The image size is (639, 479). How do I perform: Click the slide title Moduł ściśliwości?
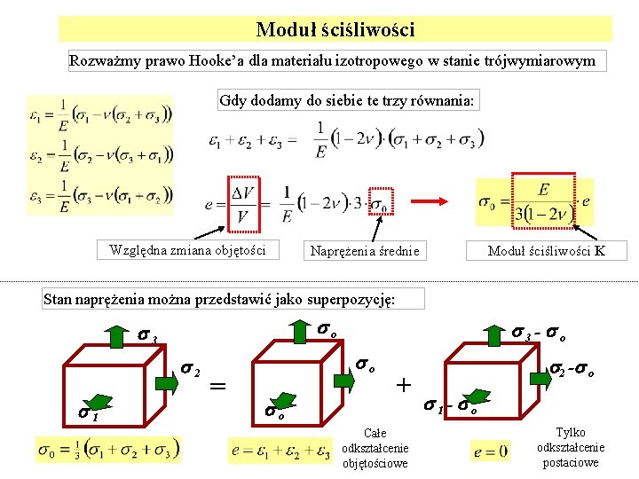[x=335, y=30]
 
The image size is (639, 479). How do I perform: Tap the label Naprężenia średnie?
[x=365, y=251]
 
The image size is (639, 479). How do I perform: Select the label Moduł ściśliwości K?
[x=547, y=251]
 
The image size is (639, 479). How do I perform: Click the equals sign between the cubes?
[x=216, y=386]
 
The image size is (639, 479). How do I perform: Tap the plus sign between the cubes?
[x=404, y=385]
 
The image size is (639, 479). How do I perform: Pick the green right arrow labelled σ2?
[x=166, y=382]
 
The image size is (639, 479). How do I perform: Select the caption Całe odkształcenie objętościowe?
[x=375, y=448]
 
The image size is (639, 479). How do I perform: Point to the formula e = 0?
[x=491, y=452]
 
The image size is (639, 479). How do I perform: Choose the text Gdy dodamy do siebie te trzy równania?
[x=348, y=100]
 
